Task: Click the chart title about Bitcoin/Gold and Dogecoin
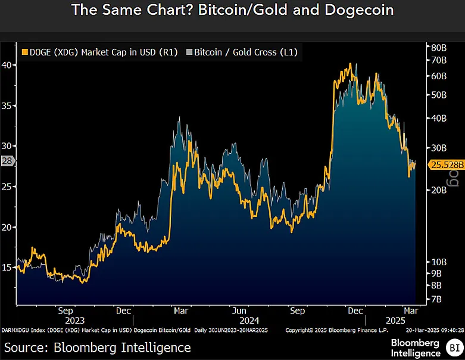[232, 10]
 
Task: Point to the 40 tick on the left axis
[8, 65]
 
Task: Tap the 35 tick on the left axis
[8, 105]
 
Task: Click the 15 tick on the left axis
[8, 268]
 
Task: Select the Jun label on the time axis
[239, 311]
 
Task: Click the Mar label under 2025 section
[409, 311]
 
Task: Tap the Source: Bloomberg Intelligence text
[98, 347]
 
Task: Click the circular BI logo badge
[454, 347]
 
